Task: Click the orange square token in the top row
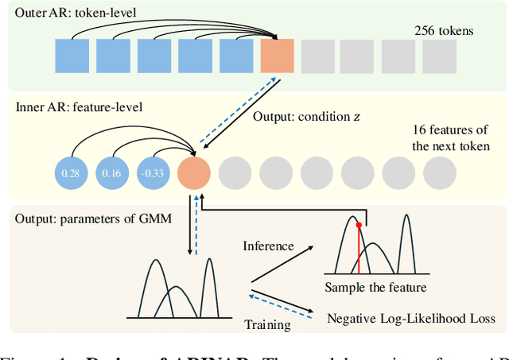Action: (x=277, y=56)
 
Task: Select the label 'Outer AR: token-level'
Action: (x=64, y=13)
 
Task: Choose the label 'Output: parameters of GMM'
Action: (x=81, y=219)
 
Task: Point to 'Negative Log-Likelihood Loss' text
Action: (x=411, y=319)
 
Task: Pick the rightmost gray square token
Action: (x=440, y=56)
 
